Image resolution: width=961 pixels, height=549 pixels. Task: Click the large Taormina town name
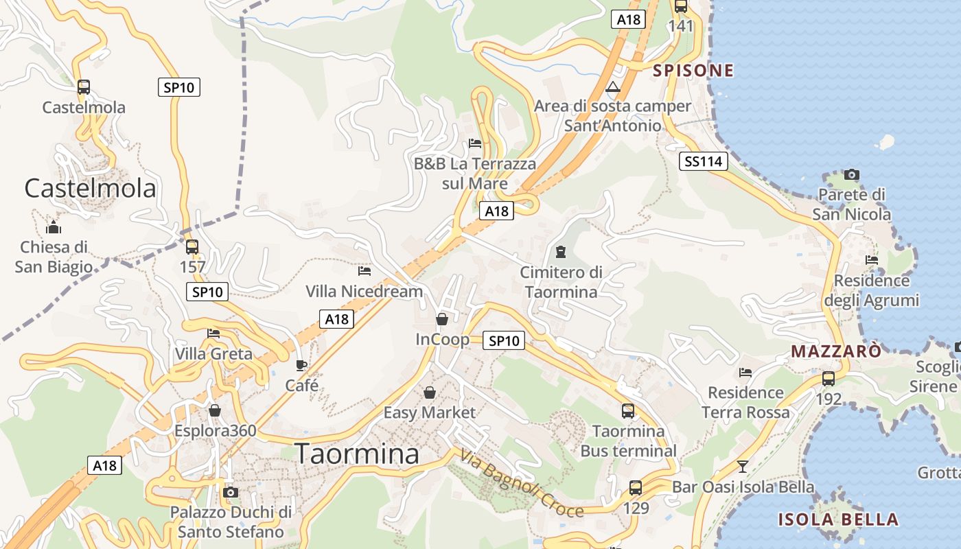357,454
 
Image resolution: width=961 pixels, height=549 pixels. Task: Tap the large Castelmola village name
91,188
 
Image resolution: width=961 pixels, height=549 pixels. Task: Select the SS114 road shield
704,162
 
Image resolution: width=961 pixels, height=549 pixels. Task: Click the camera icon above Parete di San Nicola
852,174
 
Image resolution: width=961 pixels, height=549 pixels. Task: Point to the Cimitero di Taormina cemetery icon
561,252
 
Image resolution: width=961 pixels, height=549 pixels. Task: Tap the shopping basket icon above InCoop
442,319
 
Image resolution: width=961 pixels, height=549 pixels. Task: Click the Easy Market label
429,412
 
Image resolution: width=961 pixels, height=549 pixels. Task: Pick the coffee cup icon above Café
301,365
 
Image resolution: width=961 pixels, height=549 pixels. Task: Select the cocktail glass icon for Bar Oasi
742,467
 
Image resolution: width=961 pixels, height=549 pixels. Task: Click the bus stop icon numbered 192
829,379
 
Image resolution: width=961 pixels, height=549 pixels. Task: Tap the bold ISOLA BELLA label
837,519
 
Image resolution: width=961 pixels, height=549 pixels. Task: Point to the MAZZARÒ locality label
836,351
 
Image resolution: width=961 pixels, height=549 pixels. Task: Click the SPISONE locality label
693,71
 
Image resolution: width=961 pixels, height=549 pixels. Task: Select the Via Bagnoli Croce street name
522,483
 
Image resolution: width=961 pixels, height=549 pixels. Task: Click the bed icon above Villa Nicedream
364,271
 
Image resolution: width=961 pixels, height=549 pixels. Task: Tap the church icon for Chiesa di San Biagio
54,227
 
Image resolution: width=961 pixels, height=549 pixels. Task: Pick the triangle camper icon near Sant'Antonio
613,87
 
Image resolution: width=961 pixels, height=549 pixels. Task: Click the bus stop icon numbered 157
192,247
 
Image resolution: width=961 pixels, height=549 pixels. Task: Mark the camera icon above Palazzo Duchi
231,492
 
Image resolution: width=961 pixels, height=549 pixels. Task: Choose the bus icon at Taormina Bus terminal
628,411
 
